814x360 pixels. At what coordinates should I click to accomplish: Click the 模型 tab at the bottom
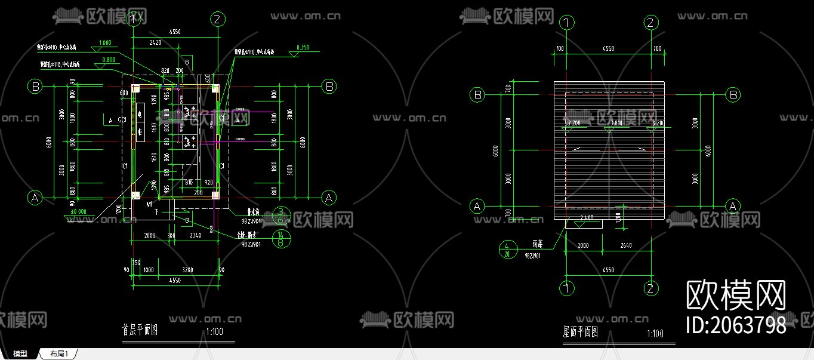pyautogui.click(x=20, y=354)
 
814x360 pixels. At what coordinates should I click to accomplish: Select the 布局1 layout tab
pyautogui.click(x=58, y=354)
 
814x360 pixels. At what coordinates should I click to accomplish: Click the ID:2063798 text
pyautogui.click(x=736, y=325)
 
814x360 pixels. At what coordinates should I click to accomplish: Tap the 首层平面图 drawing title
pyautogui.click(x=140, y=330)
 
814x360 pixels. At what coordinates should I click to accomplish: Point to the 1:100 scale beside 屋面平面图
pyautogui.click(x=655, y=334)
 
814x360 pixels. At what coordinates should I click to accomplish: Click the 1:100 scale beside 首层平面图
pyautogui.click(x=214, y=331)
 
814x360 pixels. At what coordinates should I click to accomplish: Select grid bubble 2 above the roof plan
pyautogui.click(x=651, y=23)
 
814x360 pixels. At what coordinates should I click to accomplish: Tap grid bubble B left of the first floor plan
pyautogui.click(x=35, y=87)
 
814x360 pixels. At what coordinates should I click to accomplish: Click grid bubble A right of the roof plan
pyautogui.click(x=733, y=206)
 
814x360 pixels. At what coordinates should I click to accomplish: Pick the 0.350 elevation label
pyautogui.click(x=303, y=47)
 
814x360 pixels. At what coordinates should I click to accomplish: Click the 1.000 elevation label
pyautogui.click(x=105, y=43)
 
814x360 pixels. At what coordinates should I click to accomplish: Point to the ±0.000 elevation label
pyautogui.click(x=78, y=211)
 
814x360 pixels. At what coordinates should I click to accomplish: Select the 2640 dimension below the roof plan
pyautogui.click(x=626, y=245)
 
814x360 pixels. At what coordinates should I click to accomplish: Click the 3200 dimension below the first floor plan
pyautogui.click(x=187, y=270)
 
